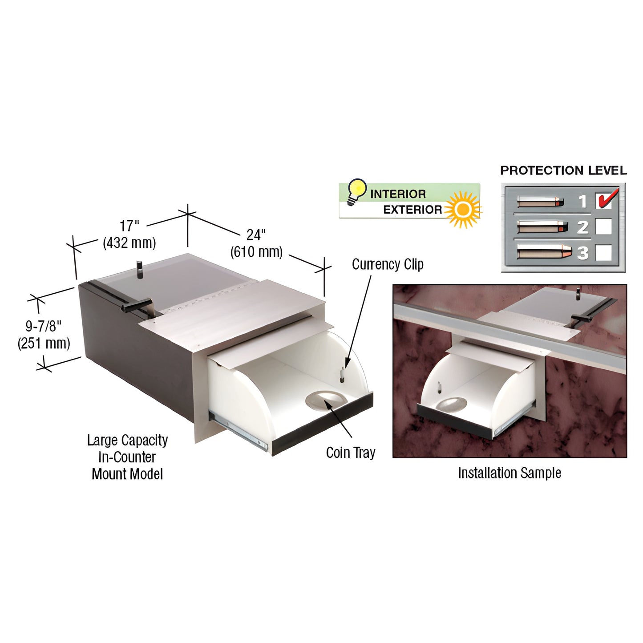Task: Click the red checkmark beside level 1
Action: click(607, 198)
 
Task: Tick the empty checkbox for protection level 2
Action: click(604, 226)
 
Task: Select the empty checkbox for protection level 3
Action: click(604, 253)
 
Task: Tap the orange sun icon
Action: click(463, 209)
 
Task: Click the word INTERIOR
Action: click(398, 194)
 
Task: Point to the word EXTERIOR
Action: click(412, 210)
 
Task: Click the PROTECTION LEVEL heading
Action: click(563, 170)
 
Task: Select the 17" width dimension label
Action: click(129, 226)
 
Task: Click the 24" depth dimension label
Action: click(256, 235)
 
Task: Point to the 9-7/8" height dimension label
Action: click(44, 326)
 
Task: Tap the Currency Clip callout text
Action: click(388, 264)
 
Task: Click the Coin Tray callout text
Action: click(351, 453)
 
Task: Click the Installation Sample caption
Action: click(510, 473)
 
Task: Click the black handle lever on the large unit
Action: click(137, 305)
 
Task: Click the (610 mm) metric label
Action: click(256, 251)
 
